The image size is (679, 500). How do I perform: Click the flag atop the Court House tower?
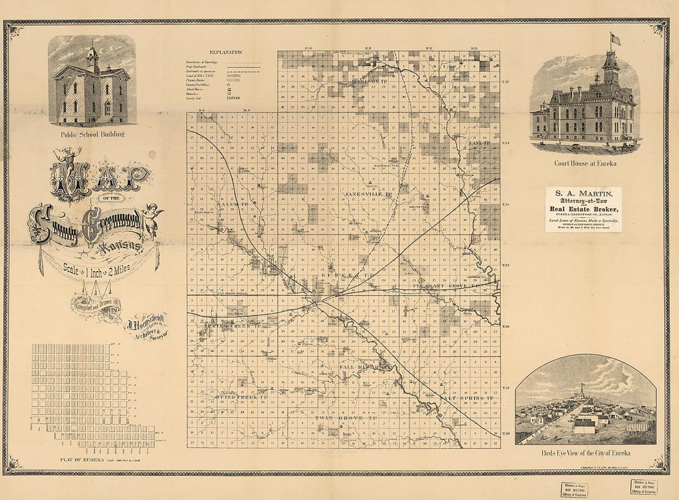[x=615, y=38]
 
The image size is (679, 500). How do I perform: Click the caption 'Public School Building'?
[x=92, y=134]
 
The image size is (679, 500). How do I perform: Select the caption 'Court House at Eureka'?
[x=584, y=164]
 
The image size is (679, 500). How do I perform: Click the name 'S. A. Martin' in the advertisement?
[x=583, y=196]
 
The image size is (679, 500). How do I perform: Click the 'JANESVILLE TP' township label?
[x=369, y=194]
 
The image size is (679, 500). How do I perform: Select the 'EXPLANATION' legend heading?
[x=226, y=53]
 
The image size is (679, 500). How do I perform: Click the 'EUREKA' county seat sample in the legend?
[x=234, y=99]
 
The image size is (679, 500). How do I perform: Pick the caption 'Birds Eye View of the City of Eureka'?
[x=586, y=453]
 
